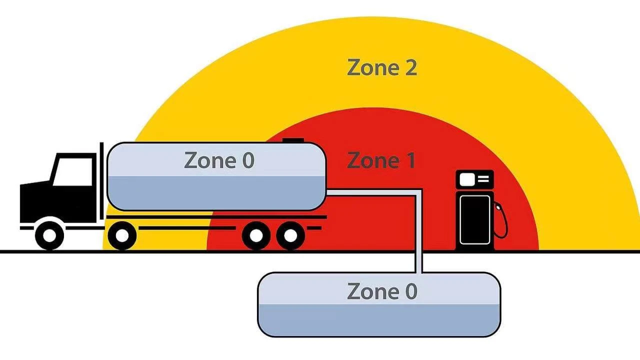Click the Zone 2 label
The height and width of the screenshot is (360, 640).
click(x=382, y=67)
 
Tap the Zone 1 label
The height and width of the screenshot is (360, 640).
click(x=381, y=160)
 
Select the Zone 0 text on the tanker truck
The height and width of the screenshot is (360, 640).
click(x=219, y=160)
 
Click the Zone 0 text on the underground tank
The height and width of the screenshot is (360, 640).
click(x=382, y=291)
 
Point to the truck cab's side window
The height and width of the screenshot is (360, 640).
click(x=73, y=171)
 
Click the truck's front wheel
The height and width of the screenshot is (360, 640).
click(x=49, y=236)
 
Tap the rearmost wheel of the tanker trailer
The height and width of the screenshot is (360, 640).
click(x=290, y=236)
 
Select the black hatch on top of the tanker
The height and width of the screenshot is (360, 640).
click(x=293, y=140)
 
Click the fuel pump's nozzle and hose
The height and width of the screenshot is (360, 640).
click(x=500, y=220)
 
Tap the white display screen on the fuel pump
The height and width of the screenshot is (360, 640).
click(x=465, y=179)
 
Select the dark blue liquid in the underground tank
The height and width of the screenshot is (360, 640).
click(x=379, y=320)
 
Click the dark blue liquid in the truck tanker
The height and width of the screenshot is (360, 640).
click(x=216, y=193)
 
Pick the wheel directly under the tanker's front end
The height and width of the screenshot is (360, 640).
click(x=122, y=236)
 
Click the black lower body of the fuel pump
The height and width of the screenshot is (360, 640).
click(x=475, y=219)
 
